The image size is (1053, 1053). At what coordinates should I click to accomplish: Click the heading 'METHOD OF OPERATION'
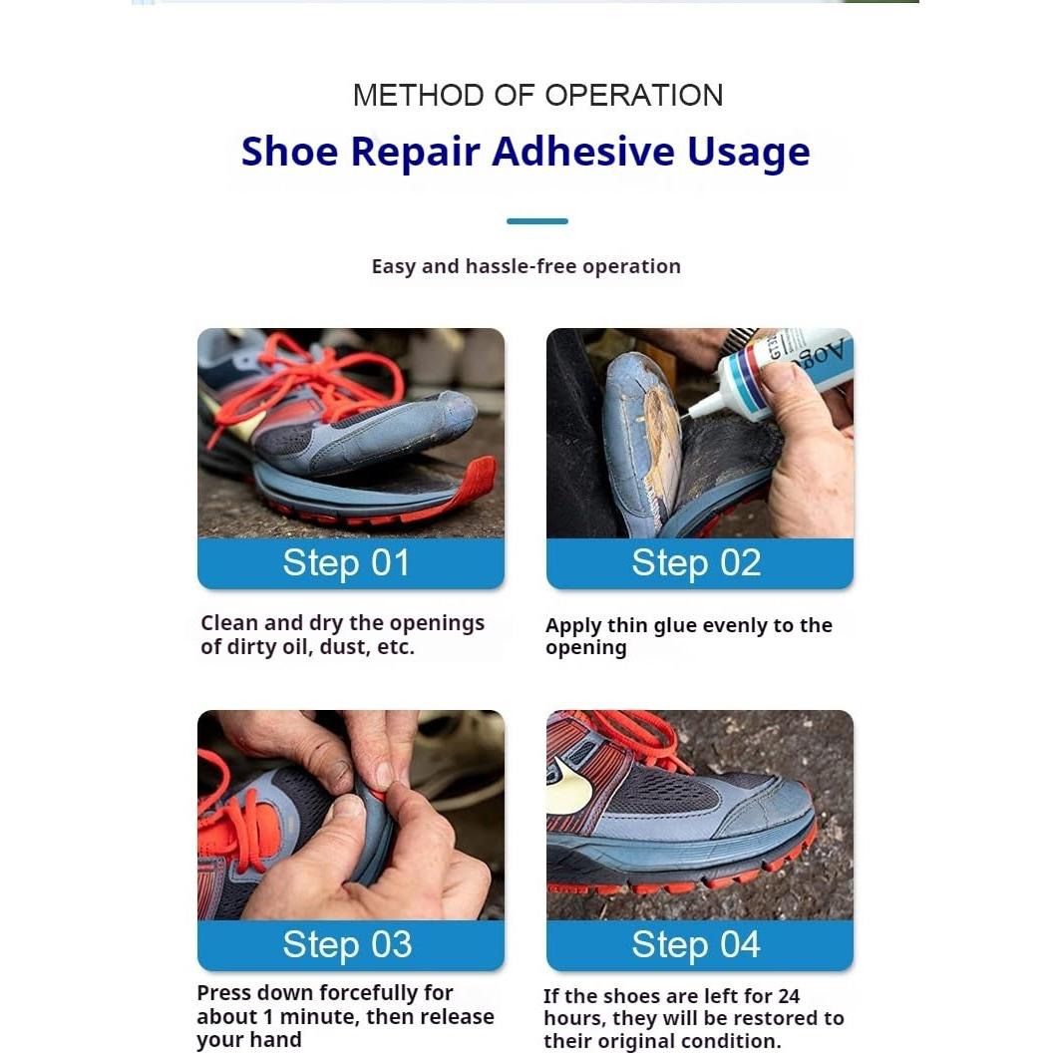(537, 96)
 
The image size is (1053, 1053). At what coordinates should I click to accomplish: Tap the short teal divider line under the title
(536, 221)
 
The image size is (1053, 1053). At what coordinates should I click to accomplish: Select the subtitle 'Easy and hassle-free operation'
(526, 266)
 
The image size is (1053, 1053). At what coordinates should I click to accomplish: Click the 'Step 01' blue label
(347, 563)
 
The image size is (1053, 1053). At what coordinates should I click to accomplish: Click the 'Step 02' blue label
(696, 563)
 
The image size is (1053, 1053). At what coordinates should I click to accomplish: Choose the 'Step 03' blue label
(347, 944)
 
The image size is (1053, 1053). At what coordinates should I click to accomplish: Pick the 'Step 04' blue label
(696, 944)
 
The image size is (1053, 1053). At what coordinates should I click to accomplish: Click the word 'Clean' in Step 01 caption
(229, 623)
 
